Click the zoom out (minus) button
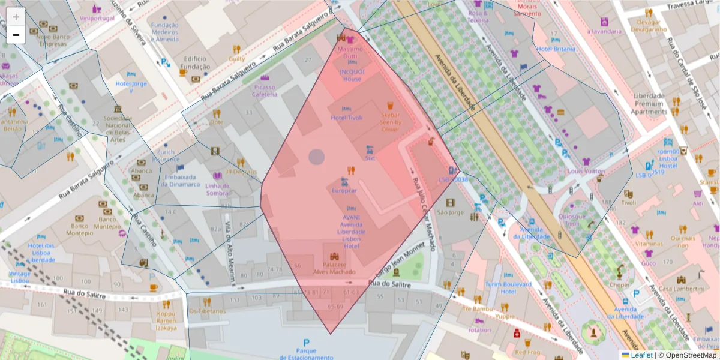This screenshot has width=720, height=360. click(16, 35)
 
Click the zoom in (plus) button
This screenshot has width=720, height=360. click(16, 17)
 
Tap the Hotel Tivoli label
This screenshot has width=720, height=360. click(347, 118)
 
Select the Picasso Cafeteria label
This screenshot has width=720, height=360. click(264, 91)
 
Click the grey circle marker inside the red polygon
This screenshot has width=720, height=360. click(316, 157)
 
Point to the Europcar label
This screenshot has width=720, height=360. click(344, 190)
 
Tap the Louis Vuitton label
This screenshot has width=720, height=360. click(586, 171)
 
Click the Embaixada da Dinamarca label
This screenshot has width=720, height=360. click(181, 181)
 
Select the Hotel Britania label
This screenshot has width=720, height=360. click(556, 49)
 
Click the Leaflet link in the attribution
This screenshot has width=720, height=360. click(641, 355)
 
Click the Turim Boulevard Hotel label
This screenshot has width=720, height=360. click(508, 287)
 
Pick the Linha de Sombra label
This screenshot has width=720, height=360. click(217, 189)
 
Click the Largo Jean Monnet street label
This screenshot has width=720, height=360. click(400, 259)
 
